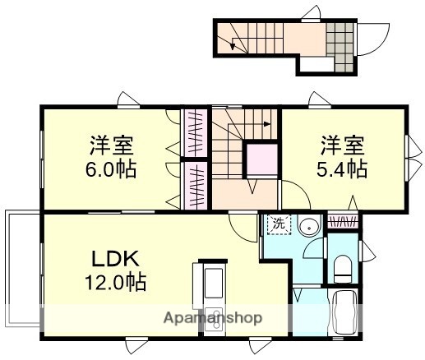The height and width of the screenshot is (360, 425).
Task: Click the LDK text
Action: point(114,258)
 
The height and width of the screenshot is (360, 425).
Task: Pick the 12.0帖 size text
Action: point(114,283)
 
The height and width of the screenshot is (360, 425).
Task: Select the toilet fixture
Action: point(343,266)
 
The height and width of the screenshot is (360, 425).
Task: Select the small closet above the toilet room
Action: point(342,221)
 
